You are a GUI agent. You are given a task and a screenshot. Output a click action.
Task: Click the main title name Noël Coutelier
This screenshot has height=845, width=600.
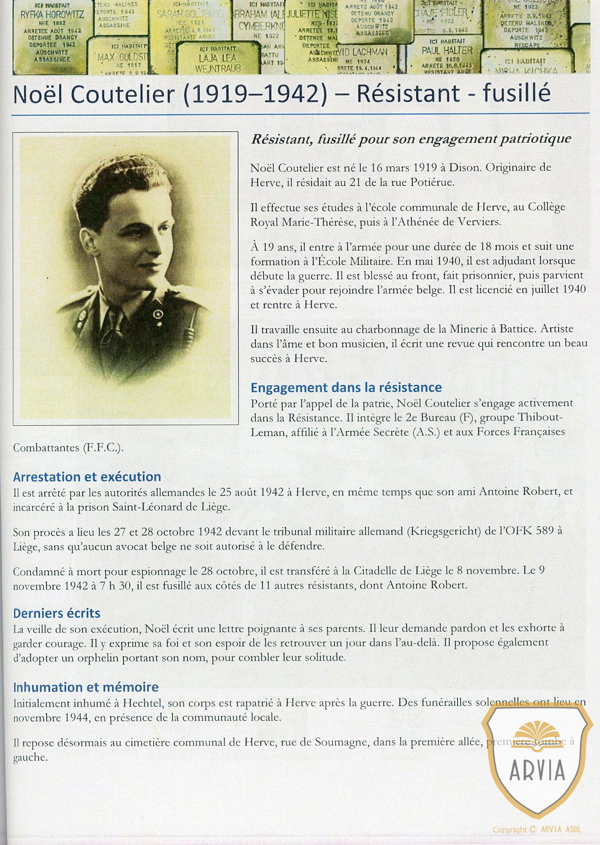94,94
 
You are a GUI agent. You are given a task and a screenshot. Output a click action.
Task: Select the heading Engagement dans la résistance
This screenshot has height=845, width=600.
346,388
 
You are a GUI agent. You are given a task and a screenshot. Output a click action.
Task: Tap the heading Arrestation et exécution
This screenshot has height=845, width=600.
87,477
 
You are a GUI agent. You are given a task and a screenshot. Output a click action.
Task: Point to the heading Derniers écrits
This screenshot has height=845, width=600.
57,613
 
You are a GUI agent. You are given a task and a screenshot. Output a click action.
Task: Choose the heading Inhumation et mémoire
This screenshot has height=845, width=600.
86,687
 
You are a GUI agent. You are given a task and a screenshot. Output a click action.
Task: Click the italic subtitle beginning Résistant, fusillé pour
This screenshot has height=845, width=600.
411,139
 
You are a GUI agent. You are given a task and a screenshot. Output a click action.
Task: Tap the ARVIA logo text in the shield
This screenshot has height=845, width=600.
537,771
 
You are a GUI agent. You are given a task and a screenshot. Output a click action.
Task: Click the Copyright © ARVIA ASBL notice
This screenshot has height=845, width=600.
537,830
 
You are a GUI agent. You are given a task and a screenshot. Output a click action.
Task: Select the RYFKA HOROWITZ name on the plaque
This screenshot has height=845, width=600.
52,15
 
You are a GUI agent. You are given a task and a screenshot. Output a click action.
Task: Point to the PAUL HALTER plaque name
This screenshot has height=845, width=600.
447,50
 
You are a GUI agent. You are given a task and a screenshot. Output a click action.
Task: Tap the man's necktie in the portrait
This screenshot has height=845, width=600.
116,327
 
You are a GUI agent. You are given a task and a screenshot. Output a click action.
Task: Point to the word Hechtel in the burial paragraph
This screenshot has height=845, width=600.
142,703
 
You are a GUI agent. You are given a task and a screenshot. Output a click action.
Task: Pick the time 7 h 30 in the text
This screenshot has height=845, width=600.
110,586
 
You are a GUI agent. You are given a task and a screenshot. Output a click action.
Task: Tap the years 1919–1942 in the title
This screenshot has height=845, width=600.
255,94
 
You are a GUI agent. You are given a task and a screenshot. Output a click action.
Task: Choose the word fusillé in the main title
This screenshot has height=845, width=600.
516,93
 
